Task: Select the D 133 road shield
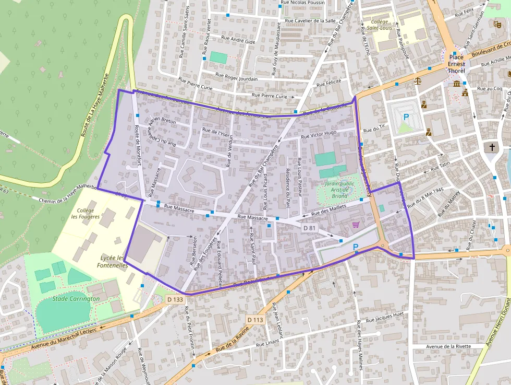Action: (x=175, y=299)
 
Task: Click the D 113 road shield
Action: (x=256, y=319)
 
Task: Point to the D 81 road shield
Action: (x=310, y=228)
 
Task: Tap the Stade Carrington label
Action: (x=76, y=299)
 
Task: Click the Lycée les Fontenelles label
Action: (x=112, y=261)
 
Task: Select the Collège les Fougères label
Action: (x=86, y=213)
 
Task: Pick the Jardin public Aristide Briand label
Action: (x=339, y=190)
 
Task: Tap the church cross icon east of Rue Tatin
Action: (x=490, y=147)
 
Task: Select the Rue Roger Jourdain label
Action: (x=240, y=78)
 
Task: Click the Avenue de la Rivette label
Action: (x=448, y=346)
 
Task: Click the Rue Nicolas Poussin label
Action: (x=302, y=3)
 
